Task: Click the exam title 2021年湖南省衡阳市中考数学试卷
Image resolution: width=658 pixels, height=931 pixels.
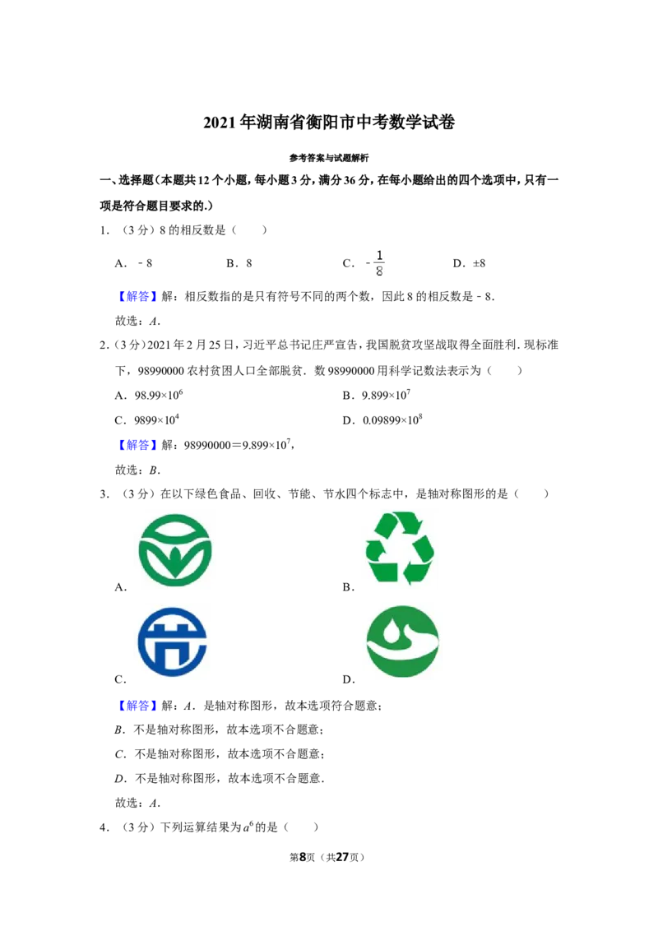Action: tap(329, 123)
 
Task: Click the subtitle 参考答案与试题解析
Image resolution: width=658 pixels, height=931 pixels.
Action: tap(329, 158)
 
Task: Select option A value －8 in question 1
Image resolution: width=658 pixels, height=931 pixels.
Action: tap(145, 263)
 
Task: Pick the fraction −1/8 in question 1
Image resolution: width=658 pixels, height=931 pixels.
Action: tap(376, 263)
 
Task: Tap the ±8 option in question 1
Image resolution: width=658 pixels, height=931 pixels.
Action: tap(479, 263)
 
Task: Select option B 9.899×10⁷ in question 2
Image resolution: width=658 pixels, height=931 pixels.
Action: tap(386, 395)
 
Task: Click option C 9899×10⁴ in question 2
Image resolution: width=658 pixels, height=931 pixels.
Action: tap(156, 419)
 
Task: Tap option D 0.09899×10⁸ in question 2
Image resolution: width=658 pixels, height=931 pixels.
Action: tap(392, 419)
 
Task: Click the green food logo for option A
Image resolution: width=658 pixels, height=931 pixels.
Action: tap(174, 550)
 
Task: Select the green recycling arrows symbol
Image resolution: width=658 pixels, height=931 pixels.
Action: tap(401, 549)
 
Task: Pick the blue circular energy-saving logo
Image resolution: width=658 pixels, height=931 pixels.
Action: tap(172, 642)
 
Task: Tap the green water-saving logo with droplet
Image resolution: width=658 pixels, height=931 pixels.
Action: tap(403, 642)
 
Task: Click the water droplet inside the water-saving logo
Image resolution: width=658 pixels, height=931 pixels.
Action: tap(391, 632)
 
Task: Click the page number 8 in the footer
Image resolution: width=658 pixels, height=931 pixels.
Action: tap(303, 857)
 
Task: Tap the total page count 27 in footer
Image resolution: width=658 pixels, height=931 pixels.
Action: tap(342, 857)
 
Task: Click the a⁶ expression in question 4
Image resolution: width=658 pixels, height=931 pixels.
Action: tap(248, 826)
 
